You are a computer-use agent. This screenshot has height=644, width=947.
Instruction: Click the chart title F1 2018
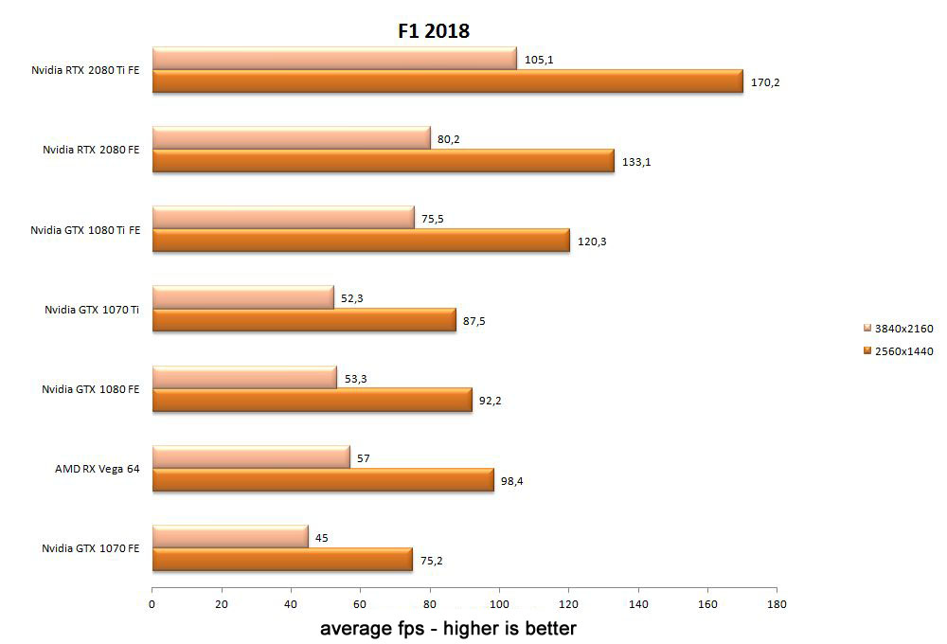[433, 30]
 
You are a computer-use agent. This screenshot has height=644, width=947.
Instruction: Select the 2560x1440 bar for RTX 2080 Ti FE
[447, 82]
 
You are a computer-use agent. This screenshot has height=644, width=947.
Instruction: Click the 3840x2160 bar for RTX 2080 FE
[291, 138]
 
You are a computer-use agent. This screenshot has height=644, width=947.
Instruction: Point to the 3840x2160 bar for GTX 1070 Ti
[242, 297]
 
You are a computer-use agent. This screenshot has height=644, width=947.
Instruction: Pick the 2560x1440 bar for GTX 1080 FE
[312, 401]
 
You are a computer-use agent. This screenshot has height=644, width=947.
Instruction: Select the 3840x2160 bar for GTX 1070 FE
[230, 537]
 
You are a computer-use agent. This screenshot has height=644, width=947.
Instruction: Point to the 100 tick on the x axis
[499, 603]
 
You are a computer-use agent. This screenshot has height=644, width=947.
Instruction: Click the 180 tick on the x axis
[777, 603]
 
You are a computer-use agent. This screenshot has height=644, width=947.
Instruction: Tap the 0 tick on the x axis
[152, 603]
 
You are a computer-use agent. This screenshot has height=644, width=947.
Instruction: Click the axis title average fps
[447, 628]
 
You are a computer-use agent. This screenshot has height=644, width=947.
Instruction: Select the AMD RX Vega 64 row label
[91, 469]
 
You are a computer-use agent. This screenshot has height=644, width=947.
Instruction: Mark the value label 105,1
[539, 60]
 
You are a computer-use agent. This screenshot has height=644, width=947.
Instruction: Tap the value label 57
[364, 458]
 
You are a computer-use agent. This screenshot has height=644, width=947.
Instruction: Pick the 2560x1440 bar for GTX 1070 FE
[281, 561]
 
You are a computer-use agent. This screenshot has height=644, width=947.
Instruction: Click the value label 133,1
[636, 162]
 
